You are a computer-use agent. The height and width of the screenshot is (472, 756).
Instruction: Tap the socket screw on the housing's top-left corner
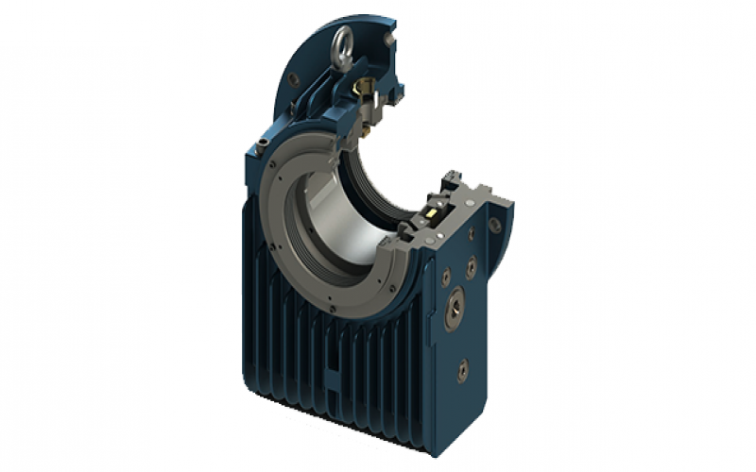click(x=262, y=144)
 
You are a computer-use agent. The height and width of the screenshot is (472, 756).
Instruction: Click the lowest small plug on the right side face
click(x=462, y=370)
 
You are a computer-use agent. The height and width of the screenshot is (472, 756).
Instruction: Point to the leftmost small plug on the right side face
click(x=445, y=278)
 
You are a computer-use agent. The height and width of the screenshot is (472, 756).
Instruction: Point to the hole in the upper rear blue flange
click(x=293, y=80)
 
